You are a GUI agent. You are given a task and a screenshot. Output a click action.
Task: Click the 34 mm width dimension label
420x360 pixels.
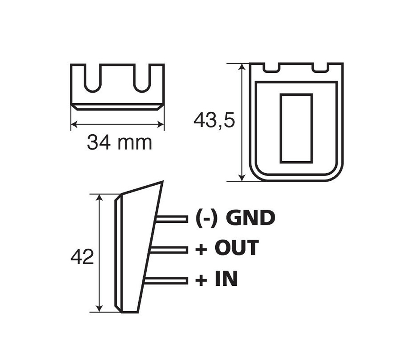click(119, 143)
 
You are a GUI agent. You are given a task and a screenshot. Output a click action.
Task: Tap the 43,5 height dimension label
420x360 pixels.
click(214, 121)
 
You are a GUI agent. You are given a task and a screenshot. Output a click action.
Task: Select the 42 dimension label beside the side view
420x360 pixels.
click(82, 257)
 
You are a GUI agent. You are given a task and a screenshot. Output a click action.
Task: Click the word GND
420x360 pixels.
click(250, 218)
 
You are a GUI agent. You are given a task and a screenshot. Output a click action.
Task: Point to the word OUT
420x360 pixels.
click(236, 248)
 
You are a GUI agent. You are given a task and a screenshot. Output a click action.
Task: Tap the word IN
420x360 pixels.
click(226, 279)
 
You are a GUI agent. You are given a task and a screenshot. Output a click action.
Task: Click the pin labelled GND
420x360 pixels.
click(172, 219)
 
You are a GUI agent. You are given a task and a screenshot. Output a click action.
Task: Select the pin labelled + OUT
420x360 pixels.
click(169, 250)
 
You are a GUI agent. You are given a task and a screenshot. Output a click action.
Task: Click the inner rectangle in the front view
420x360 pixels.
click(296, 128)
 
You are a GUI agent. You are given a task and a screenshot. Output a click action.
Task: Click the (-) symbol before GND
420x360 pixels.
click(206, 218)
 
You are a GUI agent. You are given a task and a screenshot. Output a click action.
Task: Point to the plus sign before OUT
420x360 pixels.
click(201, 249)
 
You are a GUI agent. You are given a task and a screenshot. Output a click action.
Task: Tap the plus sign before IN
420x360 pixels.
click(201, 280)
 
